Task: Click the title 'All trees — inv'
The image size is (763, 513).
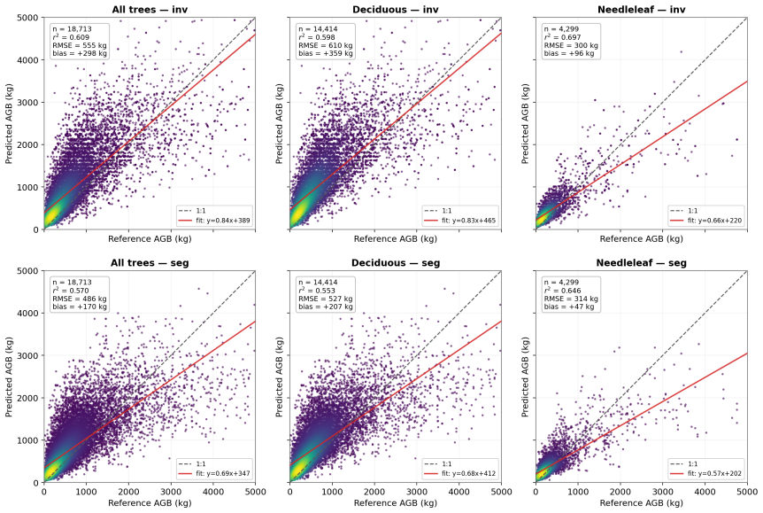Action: click(150, 9)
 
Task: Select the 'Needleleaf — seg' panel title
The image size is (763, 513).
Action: click(642, 263)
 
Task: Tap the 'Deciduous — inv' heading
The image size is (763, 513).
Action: click(396, 9)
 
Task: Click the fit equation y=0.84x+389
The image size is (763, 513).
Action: click(224, 221)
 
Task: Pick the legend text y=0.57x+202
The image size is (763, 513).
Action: click(715, 473)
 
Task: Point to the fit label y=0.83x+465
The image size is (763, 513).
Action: click(469, 221)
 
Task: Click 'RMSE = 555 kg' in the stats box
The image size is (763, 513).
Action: click(80, 45)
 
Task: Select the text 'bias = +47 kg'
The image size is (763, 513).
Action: click(568, 307)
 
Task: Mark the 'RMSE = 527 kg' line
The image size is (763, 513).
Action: click(326, 299)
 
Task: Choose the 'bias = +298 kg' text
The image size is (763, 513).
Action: click(80, 53)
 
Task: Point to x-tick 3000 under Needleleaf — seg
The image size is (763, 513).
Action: click(663, 492)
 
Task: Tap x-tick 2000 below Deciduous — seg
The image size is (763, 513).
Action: click(374, 492)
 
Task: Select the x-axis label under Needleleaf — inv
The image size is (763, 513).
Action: click(642, 238)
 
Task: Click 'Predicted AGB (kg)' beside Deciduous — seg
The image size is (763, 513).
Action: click(280, 377)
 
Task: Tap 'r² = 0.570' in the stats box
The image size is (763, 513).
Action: click(71, 291)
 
